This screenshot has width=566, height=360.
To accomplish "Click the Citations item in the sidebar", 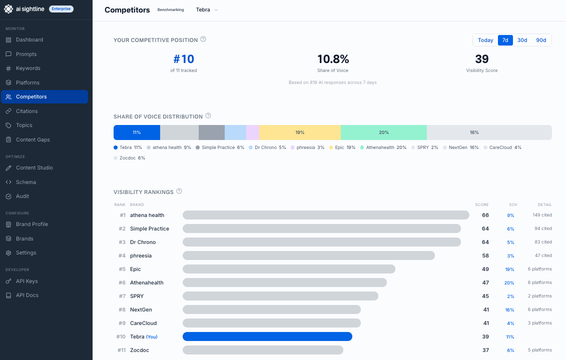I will tap(27, 111).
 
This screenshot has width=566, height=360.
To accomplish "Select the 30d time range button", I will tap(522, 40).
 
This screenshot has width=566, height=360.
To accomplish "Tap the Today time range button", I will tap(485, 40).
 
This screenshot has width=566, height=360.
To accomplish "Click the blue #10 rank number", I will tap(183, 59).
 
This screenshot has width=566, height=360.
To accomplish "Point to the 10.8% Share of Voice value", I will tap(333, 59).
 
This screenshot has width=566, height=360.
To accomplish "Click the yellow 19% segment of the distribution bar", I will tap(300, 132).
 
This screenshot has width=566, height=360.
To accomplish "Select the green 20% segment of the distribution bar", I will tap(384, 132).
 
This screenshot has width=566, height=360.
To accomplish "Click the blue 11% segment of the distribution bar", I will tap(137, 132).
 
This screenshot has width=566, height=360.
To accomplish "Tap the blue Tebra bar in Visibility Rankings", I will tap(267, 336).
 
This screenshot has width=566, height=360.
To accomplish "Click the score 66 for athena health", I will tap(485, 215).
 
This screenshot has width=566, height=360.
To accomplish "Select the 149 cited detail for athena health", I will tap(542, 215).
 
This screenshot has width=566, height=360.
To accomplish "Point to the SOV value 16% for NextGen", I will tap(509, 309).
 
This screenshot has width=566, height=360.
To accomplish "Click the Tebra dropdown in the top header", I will tap(207, 10).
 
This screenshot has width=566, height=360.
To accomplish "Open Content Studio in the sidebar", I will tap(34, 167).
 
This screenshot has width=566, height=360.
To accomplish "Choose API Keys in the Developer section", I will tap(27, 281).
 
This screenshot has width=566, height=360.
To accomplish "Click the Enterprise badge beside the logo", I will tap(62, 9).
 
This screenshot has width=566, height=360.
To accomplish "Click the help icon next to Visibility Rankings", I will tap(179, 191).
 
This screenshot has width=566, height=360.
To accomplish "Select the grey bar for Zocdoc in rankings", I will tap(263, 350).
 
